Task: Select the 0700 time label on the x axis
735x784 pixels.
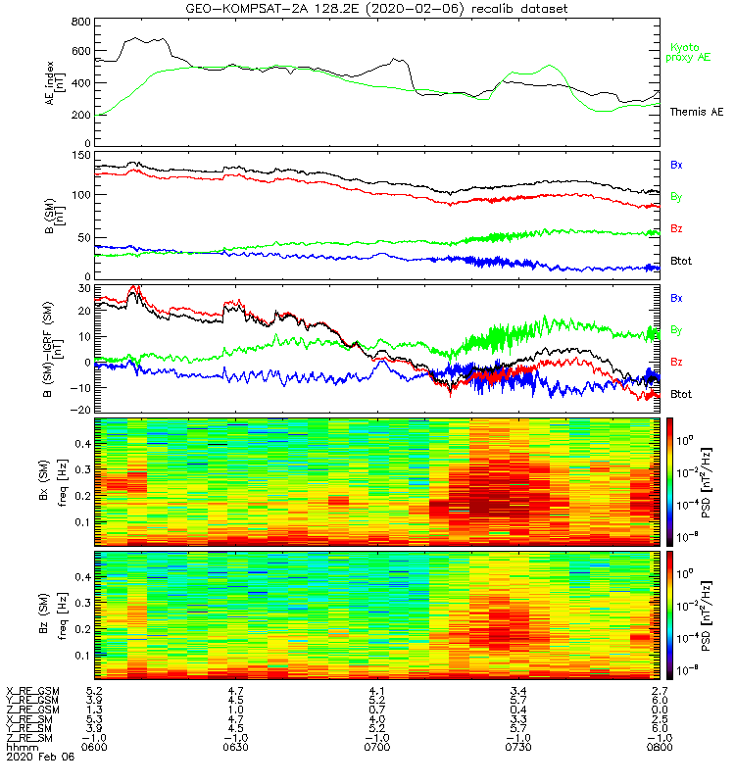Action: click(376, 745)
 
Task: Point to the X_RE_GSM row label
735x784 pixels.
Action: click(32, 692)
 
